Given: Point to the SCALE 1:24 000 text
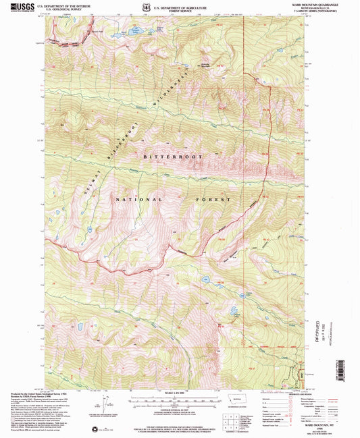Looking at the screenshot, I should [x=180, y=393].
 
